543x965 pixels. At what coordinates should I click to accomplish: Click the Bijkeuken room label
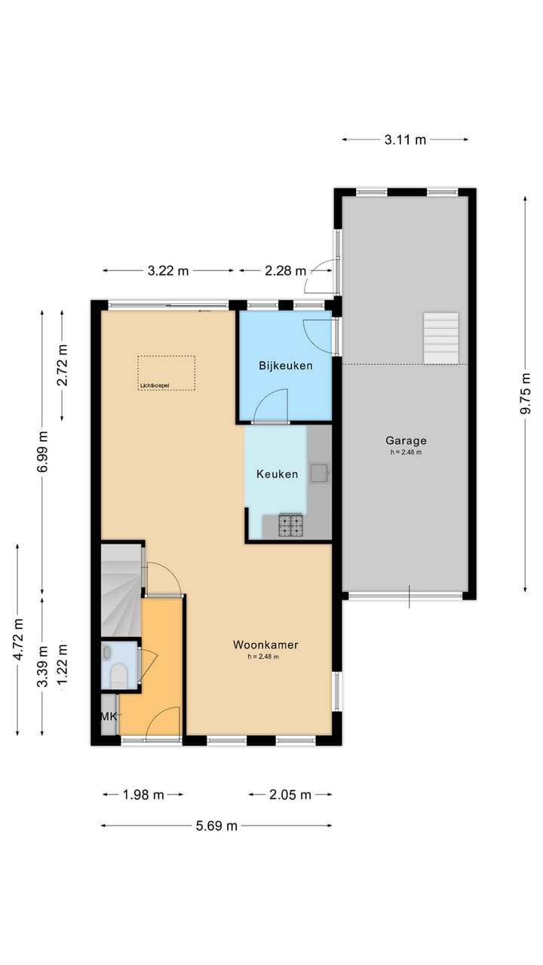285,366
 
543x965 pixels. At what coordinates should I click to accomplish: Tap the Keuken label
277,474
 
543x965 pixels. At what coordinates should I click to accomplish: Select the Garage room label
406,441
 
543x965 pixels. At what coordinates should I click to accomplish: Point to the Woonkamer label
265,645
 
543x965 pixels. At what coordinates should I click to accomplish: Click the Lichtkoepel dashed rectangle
166,372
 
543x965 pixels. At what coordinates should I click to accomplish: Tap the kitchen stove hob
290,525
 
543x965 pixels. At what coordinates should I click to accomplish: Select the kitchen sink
320,473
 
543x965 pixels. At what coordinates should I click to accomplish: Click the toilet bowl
119,674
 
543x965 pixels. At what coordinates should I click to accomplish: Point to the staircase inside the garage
441,338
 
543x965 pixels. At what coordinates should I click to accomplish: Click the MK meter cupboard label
109,716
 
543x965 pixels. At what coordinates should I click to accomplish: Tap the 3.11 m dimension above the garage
405,139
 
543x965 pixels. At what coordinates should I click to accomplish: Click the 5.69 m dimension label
216,826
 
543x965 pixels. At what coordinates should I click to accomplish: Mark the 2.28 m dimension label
286,271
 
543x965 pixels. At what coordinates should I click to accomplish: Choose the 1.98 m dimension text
143,795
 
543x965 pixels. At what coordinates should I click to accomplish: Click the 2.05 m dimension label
290,795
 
